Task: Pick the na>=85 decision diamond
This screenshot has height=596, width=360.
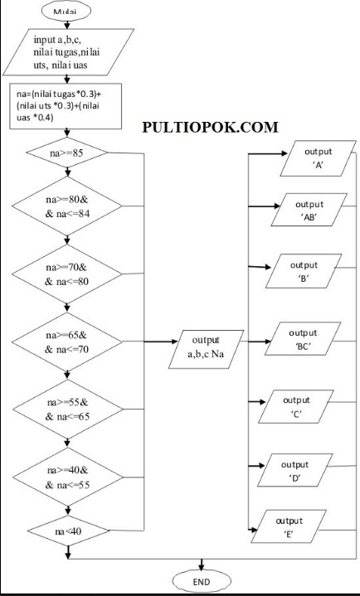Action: pos(66,153)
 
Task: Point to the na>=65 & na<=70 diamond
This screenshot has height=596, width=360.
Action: pos(66,341)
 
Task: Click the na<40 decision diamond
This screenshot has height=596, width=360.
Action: pos(66,528)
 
